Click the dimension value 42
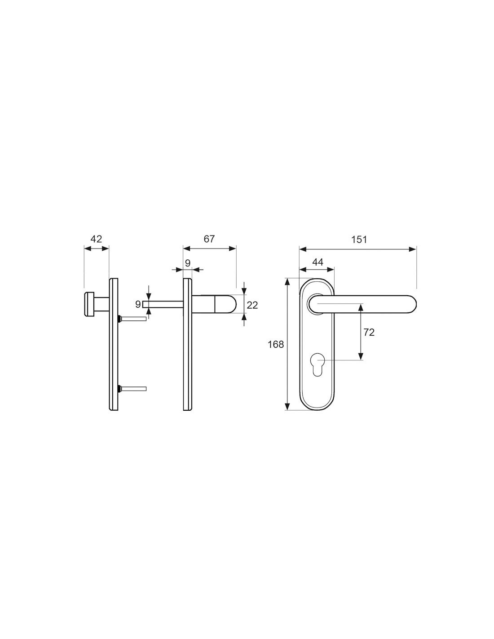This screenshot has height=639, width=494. click(96, 239)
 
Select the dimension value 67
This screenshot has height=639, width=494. click(209, 239)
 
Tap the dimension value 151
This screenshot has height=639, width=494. click(359, 240)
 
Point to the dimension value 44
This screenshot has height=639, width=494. click(318, 262)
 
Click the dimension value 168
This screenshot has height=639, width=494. click(276, 344)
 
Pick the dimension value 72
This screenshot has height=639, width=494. click(369, 332)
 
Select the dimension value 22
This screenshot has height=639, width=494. click(252, 305)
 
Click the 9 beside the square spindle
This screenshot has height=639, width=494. click(138, 304)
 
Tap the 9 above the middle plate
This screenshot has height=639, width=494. click(188, 263)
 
